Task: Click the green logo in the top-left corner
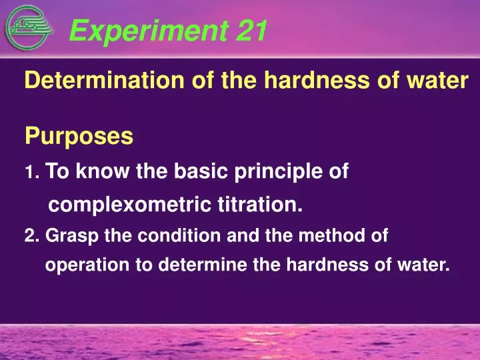(x=27, y=29)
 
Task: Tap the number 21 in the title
(x=251, y=30)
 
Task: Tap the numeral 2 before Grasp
(x=28, y=236)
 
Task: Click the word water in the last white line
(x=423, y=265)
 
